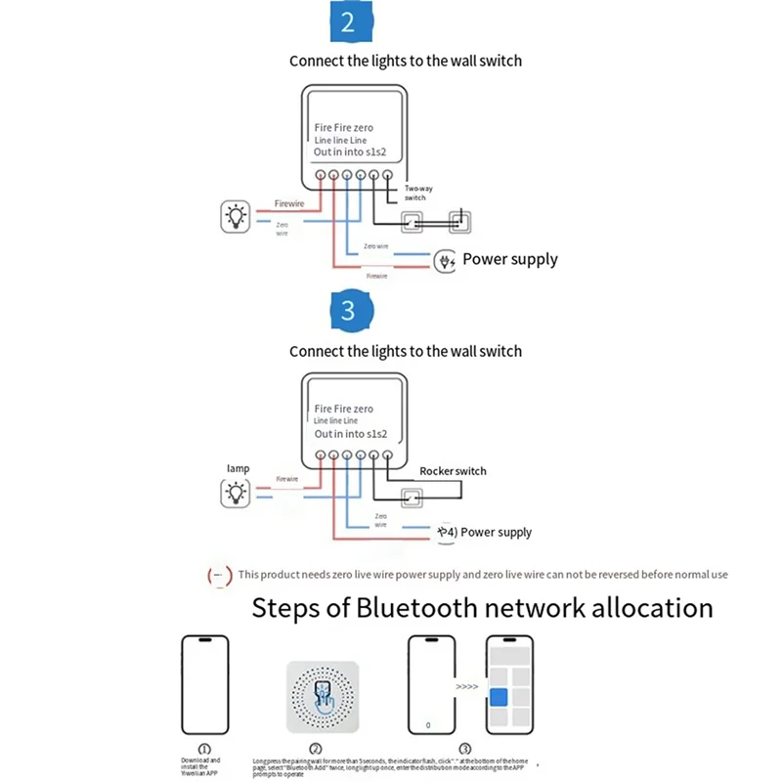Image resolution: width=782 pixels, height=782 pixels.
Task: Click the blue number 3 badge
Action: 347,311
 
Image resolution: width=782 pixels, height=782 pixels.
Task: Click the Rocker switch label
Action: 453,471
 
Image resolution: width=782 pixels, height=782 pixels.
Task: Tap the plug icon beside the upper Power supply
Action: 445,261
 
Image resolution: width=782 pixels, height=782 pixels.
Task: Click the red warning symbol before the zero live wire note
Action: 220,576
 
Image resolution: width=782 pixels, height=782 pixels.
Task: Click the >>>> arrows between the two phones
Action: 467,687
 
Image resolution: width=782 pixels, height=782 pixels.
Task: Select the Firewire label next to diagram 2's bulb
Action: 289,203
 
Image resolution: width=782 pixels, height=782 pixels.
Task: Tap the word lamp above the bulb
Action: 238,469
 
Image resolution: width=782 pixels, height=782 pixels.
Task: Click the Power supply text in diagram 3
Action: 496,533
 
